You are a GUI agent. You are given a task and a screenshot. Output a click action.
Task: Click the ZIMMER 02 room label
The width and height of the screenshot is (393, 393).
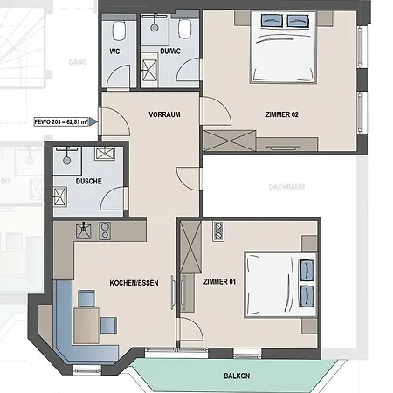(x=282, y=114)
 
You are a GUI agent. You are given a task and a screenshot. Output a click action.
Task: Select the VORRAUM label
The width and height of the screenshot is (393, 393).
(x=164, y=114)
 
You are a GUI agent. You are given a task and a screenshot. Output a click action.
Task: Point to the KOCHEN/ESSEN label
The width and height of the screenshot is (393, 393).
(x=134, y=282)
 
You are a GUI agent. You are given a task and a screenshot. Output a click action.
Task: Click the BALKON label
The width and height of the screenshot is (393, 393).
(x=237, y=376)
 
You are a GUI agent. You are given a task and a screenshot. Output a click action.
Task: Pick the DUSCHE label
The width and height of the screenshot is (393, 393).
(x=88, y=181)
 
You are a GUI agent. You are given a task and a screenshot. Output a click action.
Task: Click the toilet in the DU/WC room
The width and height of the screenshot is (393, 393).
(x=185, y=29)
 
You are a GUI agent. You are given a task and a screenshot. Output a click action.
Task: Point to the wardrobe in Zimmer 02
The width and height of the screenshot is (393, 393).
(x=229, y=141)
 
